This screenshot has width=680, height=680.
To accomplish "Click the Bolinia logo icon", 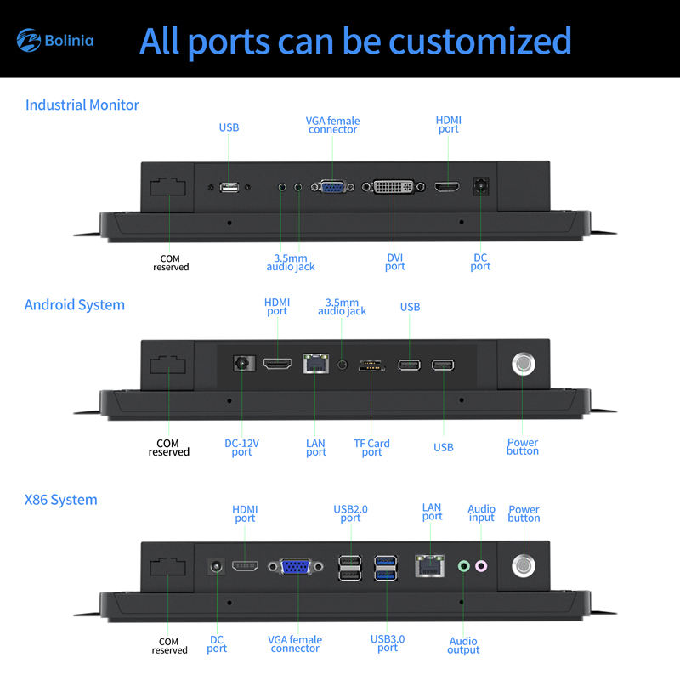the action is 29,40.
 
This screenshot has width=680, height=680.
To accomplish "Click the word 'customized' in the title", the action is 480,41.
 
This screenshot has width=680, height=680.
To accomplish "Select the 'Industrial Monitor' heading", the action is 82,105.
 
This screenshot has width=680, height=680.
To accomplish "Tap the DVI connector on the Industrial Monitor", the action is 394,187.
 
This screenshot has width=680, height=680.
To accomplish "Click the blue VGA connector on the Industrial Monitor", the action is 332,187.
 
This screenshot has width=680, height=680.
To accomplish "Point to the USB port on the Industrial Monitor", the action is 229,187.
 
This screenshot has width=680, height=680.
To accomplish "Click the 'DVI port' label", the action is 394,262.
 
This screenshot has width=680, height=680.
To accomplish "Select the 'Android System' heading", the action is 75,305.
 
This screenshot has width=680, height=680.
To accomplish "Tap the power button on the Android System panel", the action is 524,364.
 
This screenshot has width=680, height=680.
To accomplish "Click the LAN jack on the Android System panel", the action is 315,364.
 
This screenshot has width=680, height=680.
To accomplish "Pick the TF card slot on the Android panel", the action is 371,365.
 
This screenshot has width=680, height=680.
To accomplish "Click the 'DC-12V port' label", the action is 241,448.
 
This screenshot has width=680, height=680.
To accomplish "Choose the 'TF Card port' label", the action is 371,448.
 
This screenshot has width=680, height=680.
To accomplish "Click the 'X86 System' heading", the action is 60,500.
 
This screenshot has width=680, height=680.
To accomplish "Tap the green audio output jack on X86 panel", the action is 463,566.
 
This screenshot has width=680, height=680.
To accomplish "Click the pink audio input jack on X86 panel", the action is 481,566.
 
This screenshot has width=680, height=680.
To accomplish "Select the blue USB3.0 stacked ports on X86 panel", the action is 386,568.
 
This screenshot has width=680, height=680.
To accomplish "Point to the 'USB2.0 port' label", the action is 350,513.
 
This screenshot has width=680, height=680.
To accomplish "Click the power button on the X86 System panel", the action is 524,565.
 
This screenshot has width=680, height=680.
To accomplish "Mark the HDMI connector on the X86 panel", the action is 245,566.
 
